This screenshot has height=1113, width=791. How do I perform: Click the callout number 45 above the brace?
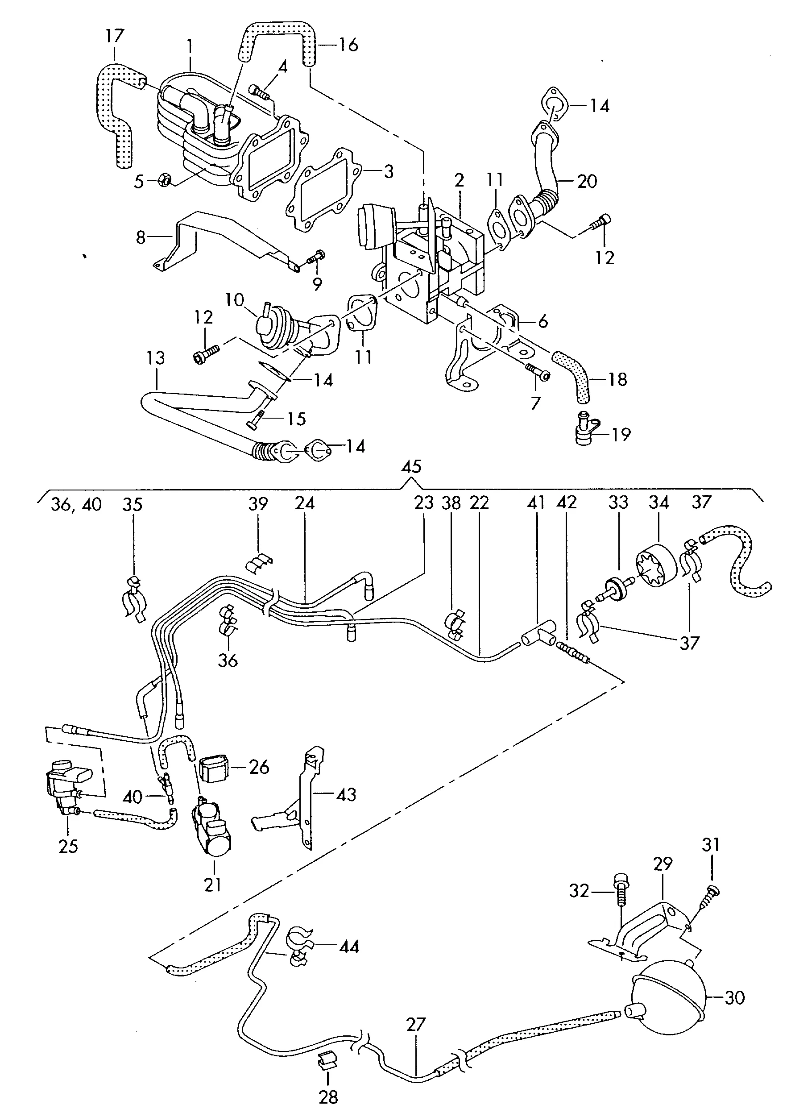[412, 467]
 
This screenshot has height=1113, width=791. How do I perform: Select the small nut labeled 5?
[164, 181]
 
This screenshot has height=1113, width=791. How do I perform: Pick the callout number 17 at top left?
[115, 37]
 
